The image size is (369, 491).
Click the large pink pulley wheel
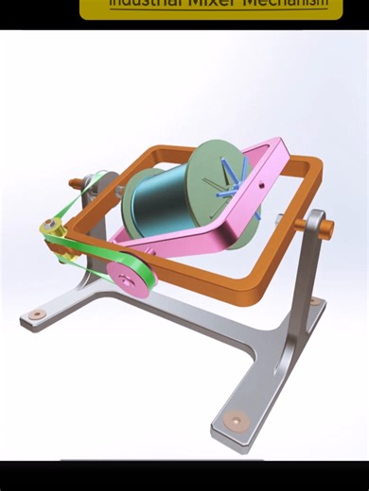click(x=126, y=274)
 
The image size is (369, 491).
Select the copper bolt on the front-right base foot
click(x=233, y=420)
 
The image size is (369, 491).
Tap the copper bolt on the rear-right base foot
click(x=313, y=302)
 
